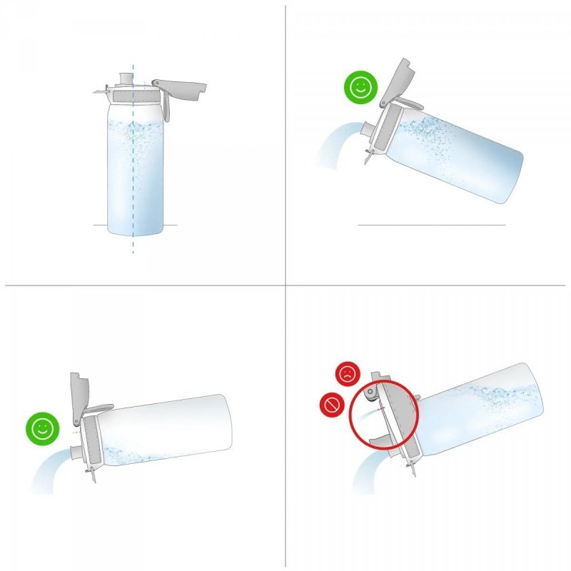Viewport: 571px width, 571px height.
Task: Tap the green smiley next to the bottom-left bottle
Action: tap(41, 428)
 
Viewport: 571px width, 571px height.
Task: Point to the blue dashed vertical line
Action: tap(133, 178)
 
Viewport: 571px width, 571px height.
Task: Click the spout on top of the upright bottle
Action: tap(127, 77)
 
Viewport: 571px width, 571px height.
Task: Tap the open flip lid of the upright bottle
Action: tap(181, 87)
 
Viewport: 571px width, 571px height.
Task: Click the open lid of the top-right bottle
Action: tap(397, 81)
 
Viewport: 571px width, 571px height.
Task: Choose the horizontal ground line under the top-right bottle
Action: tap(431, 225)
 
